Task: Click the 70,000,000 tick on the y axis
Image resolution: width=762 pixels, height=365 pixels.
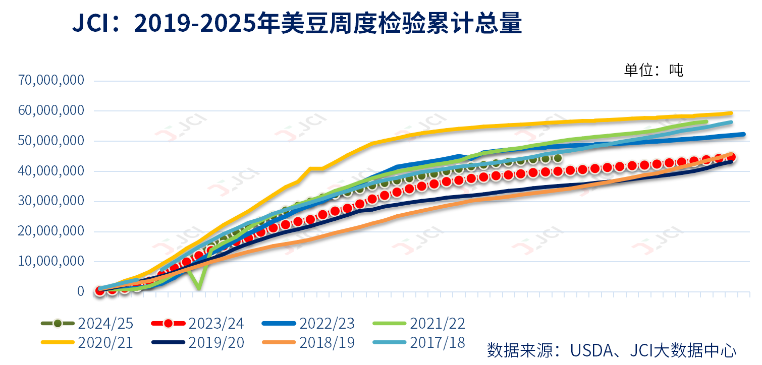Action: (51, 80)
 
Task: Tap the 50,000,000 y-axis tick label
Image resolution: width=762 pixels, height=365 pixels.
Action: (51, 141)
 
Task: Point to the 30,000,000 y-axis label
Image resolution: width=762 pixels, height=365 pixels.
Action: (51, 201)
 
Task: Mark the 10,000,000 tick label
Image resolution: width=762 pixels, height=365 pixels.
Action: (51, 262)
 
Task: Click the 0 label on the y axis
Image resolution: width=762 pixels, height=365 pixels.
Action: (81, 291)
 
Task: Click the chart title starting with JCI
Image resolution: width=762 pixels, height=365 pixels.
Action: (297, 24)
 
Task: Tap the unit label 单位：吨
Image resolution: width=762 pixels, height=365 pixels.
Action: (654, 70)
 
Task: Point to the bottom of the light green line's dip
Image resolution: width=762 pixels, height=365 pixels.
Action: (199, 288)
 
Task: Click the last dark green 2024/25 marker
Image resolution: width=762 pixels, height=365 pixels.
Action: (557, 158)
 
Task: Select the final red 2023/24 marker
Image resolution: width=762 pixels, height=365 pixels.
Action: (730, 157)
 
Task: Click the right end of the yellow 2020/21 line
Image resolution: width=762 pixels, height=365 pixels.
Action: (731, 113)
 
